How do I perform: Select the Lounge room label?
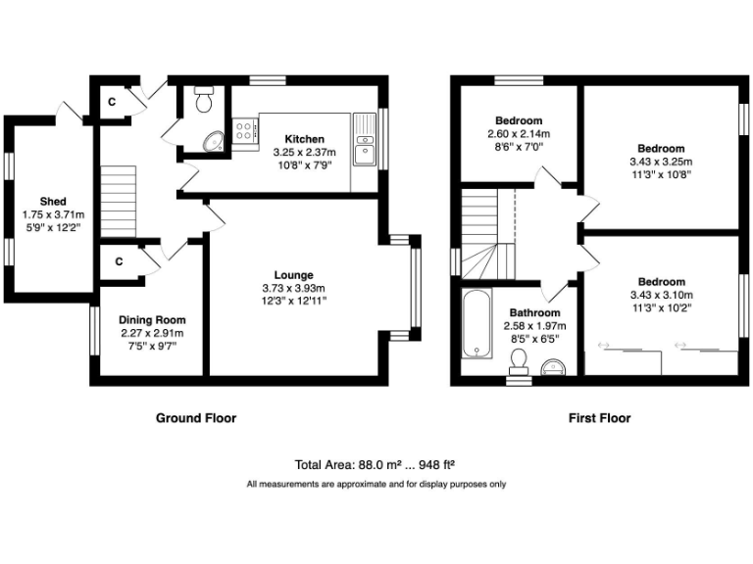[x=293, y=275]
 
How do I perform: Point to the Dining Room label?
[x=152, y=320]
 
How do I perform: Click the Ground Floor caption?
[x=196, y=418]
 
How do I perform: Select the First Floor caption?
[x=599, y=418]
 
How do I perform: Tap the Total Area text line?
[x=376, y=465]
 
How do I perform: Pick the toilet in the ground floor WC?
[x=204, y=101]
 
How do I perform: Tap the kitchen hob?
[x=244, y=131]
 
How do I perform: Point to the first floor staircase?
[x=480, y=232]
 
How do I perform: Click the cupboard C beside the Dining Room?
[x=119, y=261]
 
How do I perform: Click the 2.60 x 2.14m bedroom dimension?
[x=519, y=134]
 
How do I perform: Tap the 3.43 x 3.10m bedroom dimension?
[x=661, y=295]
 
